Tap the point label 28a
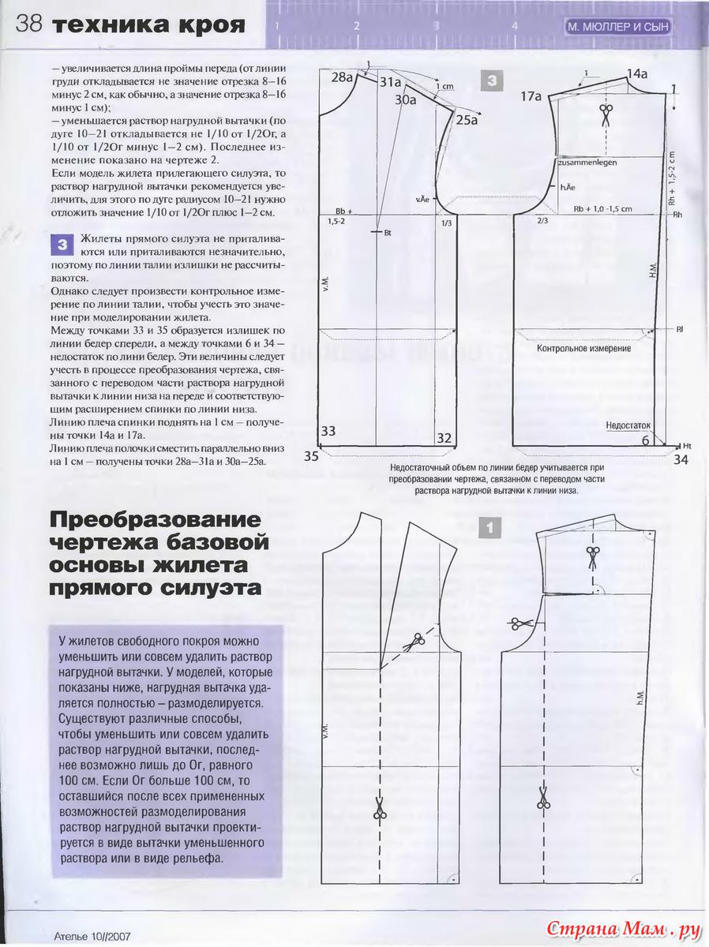point(342,77)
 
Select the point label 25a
point(467,120)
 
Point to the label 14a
point(637,74)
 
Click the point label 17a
point(531,96)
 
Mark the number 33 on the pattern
point(328,431)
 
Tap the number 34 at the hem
point(681,459)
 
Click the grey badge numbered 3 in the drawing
point(491,80)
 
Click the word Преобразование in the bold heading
point(155,522)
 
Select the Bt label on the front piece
point(388,234)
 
